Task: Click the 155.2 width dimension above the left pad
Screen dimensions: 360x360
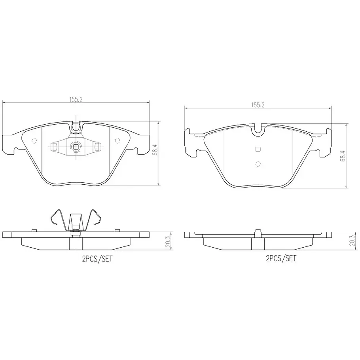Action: click(x=76, y=99)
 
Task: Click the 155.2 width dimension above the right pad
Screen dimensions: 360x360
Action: click(x=258, y=105)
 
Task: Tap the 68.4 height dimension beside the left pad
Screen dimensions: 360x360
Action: click(x=155, y=150)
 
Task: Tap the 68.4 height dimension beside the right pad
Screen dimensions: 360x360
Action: click(x=343, y=155)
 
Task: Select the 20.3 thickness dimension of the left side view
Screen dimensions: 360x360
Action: click(x=168, y=241)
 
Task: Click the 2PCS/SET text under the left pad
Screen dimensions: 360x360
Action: click(x=97, y=259)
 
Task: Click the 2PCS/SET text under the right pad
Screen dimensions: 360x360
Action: click(x=281, y=258)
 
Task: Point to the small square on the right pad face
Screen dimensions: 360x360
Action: click(x=258, y=150)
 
